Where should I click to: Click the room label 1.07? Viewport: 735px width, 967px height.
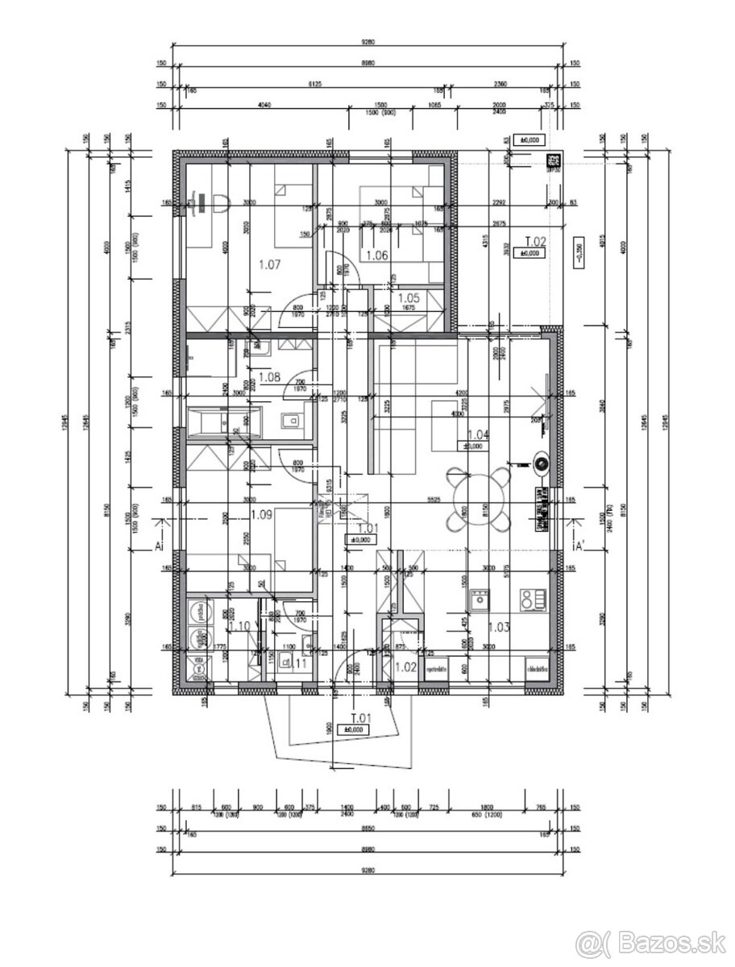[x=268, y=264]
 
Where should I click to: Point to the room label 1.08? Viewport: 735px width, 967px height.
[x=268, y=376]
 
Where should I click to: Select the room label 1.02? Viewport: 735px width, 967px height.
[x=405, y=666]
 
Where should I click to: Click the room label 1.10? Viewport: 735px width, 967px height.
[x=239, y=626]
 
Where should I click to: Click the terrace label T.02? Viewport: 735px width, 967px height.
[x=536, y=241]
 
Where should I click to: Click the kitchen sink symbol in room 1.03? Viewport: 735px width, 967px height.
[x=480, y=599]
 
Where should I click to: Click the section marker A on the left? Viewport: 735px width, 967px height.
[x=159, y=545]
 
